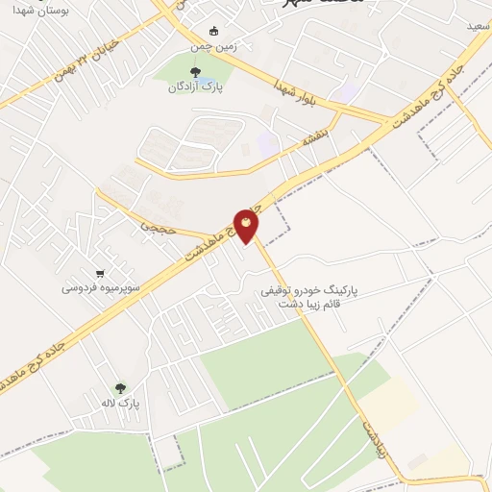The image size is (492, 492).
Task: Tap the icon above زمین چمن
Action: (x=213, y=29)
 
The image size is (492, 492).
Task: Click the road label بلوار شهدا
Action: (x=295, y=94)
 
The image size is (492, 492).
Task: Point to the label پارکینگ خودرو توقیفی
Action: (x=307, y=288)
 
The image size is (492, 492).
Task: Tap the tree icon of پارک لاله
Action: (x=120, y=388)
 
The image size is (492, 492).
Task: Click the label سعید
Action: (x=478, y=26)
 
